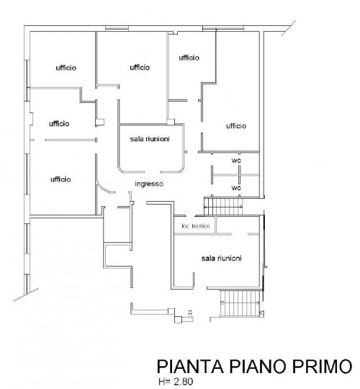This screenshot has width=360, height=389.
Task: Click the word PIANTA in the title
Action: (x=190, y=366)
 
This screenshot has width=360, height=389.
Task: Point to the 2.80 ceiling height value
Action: (x=183, y=382)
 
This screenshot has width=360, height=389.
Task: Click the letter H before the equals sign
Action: (x=161, y=382)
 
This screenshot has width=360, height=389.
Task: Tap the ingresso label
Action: (x=149, y=184)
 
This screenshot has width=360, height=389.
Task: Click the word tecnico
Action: (x=201, y=225)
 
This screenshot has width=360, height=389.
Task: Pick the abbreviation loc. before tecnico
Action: (x=186, y=225)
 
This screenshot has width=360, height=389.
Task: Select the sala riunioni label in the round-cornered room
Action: (x=150, y=139)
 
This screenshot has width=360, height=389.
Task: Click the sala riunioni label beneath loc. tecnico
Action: (x=222, y=259)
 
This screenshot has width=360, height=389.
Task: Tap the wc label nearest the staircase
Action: (x=236, y=188)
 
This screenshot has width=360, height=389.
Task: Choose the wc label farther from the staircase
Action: (x=236, y=161)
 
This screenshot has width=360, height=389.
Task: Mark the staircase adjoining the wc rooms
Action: (x=223, y=207)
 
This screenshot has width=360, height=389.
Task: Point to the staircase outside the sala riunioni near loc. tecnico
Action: (x=240, y=303)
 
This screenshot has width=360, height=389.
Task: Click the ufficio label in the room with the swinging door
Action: (x=60, y=179)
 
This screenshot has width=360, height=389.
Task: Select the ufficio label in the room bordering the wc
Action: (x=236, y=126)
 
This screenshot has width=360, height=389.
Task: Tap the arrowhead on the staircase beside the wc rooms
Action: (x=241, y=207)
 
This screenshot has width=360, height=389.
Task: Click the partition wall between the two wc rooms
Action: (x=236, y=175)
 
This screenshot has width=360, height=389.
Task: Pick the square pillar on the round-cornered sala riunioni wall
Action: (x=171, y=122)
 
